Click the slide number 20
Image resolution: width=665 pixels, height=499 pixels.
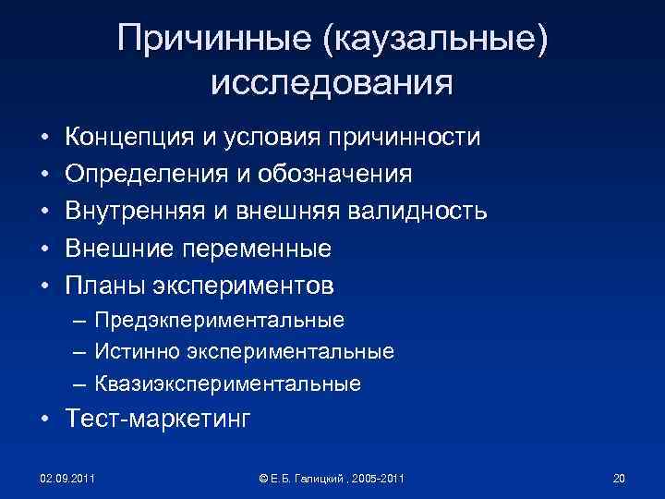pos(619,478)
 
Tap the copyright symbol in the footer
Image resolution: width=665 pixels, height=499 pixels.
pos(264,478)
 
